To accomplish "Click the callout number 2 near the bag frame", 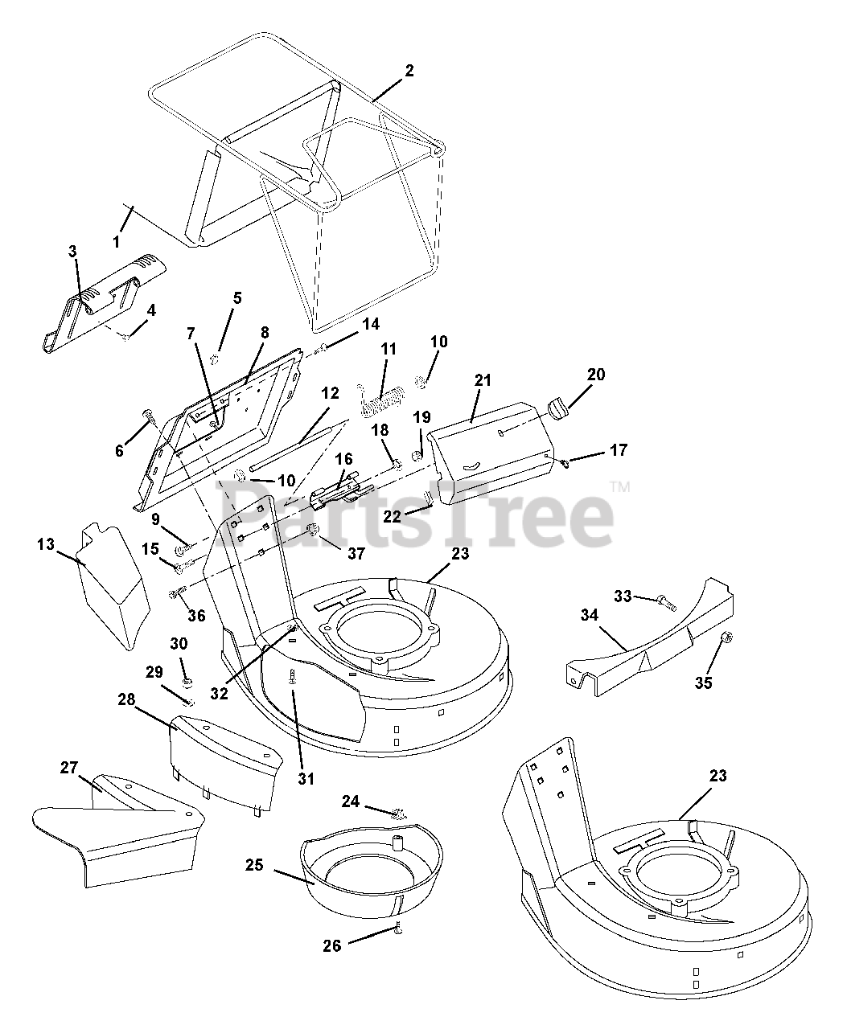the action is (x=409, y=71).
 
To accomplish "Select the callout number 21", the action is (x=483, y=380).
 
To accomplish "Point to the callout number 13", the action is (x=45, y=544).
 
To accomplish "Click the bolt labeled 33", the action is (x=664, y=600).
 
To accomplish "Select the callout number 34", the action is (x=590, y=616).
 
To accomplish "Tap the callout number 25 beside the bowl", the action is (x=254, y=866).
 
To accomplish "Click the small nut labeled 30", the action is (x=187, y=682).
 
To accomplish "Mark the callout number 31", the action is (x=306, y=778).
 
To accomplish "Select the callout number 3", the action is (x=72, y=252).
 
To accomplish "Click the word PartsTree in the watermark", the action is (x=414, y=514).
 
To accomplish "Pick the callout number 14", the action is (x=370, y=325).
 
